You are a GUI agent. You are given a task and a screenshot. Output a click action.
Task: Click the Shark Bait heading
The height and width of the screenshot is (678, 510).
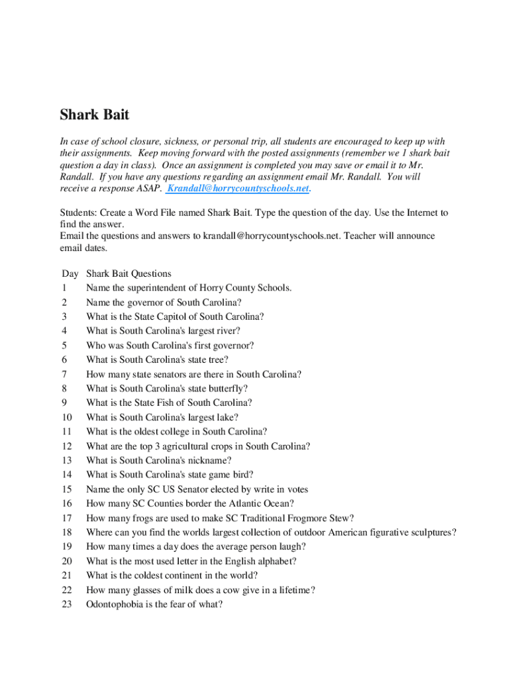(95, 115)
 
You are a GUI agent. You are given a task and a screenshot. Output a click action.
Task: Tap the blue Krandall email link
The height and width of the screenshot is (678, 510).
(238, 188)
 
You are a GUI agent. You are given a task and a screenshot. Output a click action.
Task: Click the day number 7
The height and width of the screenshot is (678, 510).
(64, 374)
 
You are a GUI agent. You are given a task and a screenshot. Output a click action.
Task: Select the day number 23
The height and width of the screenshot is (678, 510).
(66, 604)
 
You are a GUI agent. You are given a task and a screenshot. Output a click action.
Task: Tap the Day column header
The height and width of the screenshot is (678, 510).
(70, 273)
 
